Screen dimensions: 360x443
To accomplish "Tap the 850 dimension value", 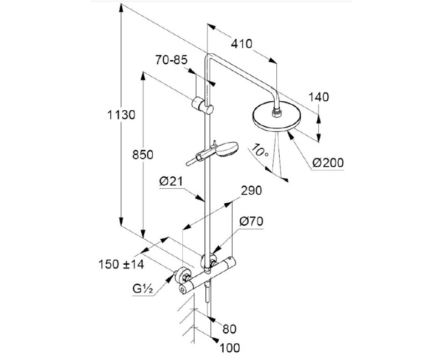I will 143,155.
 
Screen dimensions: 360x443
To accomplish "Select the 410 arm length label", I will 239,44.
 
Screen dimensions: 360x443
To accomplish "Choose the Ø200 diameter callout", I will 327,162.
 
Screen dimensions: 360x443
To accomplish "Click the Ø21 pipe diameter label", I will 171,182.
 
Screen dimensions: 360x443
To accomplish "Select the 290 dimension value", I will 251,190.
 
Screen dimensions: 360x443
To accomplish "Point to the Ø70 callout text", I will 251,222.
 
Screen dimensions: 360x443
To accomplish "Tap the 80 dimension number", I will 229,328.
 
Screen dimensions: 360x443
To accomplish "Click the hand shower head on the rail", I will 228,150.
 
